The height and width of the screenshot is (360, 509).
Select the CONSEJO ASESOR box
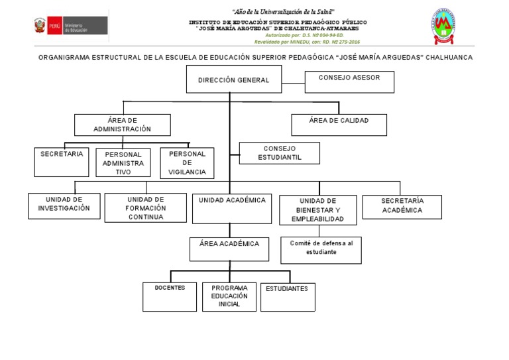[x=349, y=82]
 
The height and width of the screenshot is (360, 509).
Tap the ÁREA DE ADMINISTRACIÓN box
[x=122, y=125]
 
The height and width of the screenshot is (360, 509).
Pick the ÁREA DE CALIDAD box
[x=339, y=125]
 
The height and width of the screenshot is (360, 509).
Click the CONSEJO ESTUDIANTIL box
[x=279, y=153]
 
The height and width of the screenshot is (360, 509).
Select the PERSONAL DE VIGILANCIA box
[x=188, y=162]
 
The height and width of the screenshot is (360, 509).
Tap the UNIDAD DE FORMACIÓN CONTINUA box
[x=146, y=208]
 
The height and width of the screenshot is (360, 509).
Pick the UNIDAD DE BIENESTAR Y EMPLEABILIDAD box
[x=319, y=210]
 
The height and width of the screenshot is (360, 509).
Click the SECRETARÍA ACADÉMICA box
[x=402, y=206]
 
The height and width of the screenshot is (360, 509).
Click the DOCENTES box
[x=170, y=296]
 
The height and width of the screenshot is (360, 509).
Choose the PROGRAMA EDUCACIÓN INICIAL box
[x=229, y=296]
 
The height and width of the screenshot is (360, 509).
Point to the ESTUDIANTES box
[x=288, y=296]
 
